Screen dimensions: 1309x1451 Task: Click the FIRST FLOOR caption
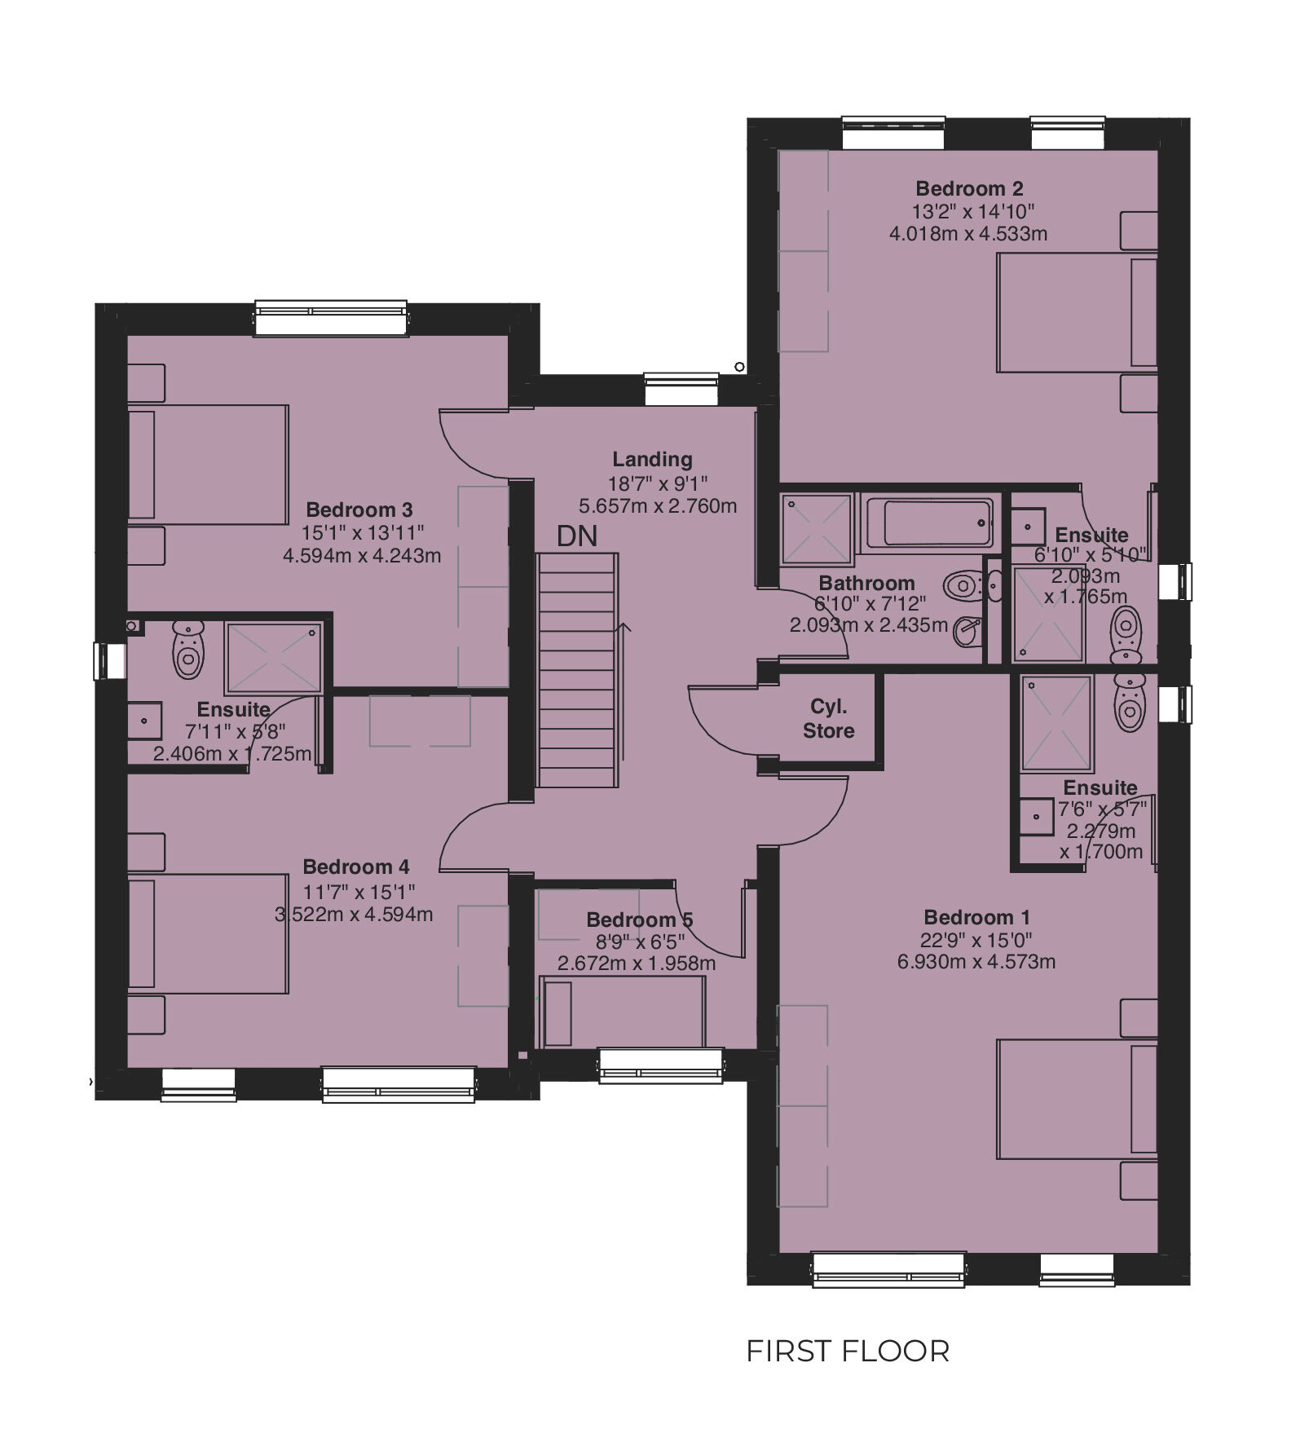click(x=848, y=1351)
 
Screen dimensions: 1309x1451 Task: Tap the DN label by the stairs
click(x=577, y=536)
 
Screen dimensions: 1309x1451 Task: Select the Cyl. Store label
click(x=828, y=718)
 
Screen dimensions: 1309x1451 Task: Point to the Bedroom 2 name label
click(x=969, y=189)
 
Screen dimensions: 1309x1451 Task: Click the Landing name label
click(x=653, y=460)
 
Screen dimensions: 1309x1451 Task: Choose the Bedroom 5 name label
click(x=640, y=920)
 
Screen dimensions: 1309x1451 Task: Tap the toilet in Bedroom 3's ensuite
click(x=188, y=648)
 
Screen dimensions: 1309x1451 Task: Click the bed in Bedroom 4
click(x=208, y=933)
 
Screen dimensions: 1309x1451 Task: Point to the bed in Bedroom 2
click(x=1077, y=312)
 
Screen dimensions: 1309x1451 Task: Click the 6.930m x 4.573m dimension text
click(x=976, y=962)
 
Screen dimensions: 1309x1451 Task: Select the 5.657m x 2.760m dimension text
click(x=658, y=506)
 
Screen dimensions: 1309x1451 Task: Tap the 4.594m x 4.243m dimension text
click(x=362, y=556)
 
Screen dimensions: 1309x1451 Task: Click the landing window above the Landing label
click(x=681, y=389)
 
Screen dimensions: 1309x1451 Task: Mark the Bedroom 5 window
click(x=661, y=1065)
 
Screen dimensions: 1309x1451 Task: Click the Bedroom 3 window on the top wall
click(x=330, y=318)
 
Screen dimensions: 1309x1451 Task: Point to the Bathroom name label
click(x=866, y=584)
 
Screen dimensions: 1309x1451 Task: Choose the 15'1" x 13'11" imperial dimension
click(x=364, y=533)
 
